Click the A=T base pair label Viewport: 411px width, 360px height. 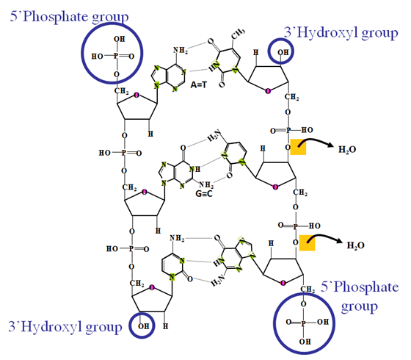(198, 84)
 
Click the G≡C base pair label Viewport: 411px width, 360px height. (204, 194)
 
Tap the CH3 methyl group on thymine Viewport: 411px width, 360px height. (239, 34)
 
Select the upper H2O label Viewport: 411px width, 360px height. (347, 149)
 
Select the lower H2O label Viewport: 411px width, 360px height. (355, 245)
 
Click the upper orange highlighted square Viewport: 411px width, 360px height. (298, 147)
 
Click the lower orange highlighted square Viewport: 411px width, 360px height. (307, 242)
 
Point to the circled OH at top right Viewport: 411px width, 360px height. (283, 52)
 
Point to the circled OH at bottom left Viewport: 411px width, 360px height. (143, 326)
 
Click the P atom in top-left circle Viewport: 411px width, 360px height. (116, 56)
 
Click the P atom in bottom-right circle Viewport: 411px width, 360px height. (303, 323)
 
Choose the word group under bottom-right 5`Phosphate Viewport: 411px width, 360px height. (359, 306)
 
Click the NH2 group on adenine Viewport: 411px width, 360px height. (181, 50)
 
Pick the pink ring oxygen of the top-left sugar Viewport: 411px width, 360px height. (137, 95)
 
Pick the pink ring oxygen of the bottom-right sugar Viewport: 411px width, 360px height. (283, 283)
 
